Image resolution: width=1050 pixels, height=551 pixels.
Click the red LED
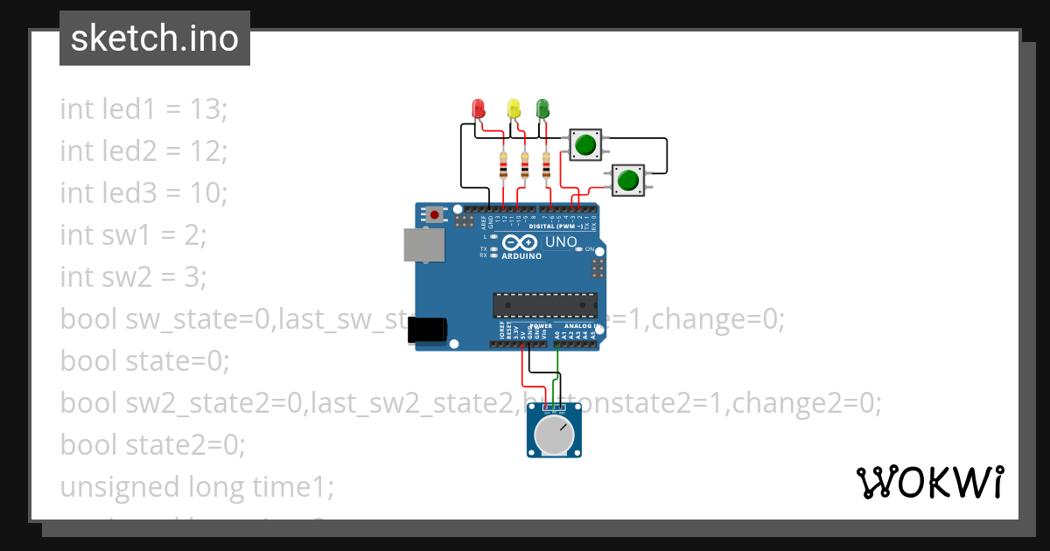pos(478,109)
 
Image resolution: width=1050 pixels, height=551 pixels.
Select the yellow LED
pos(514,109)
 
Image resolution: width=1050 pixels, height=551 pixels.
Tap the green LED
pos(542,109)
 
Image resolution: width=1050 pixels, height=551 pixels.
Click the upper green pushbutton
pos(585,144)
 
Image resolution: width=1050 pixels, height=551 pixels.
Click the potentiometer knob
pos(553,435)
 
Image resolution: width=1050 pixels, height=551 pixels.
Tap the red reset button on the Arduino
pos(435,213)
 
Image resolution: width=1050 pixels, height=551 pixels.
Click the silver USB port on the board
pos(423,245)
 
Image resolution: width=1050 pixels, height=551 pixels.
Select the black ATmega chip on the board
pos(544,304)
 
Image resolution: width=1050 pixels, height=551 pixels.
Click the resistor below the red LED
pos(502,165)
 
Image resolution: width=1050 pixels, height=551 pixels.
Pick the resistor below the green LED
pos(547,165)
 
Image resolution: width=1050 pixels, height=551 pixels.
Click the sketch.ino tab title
pos(155,38)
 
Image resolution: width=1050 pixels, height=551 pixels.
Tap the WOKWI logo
pos(928,482)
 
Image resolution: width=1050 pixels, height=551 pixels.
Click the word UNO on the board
pos(561,242)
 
